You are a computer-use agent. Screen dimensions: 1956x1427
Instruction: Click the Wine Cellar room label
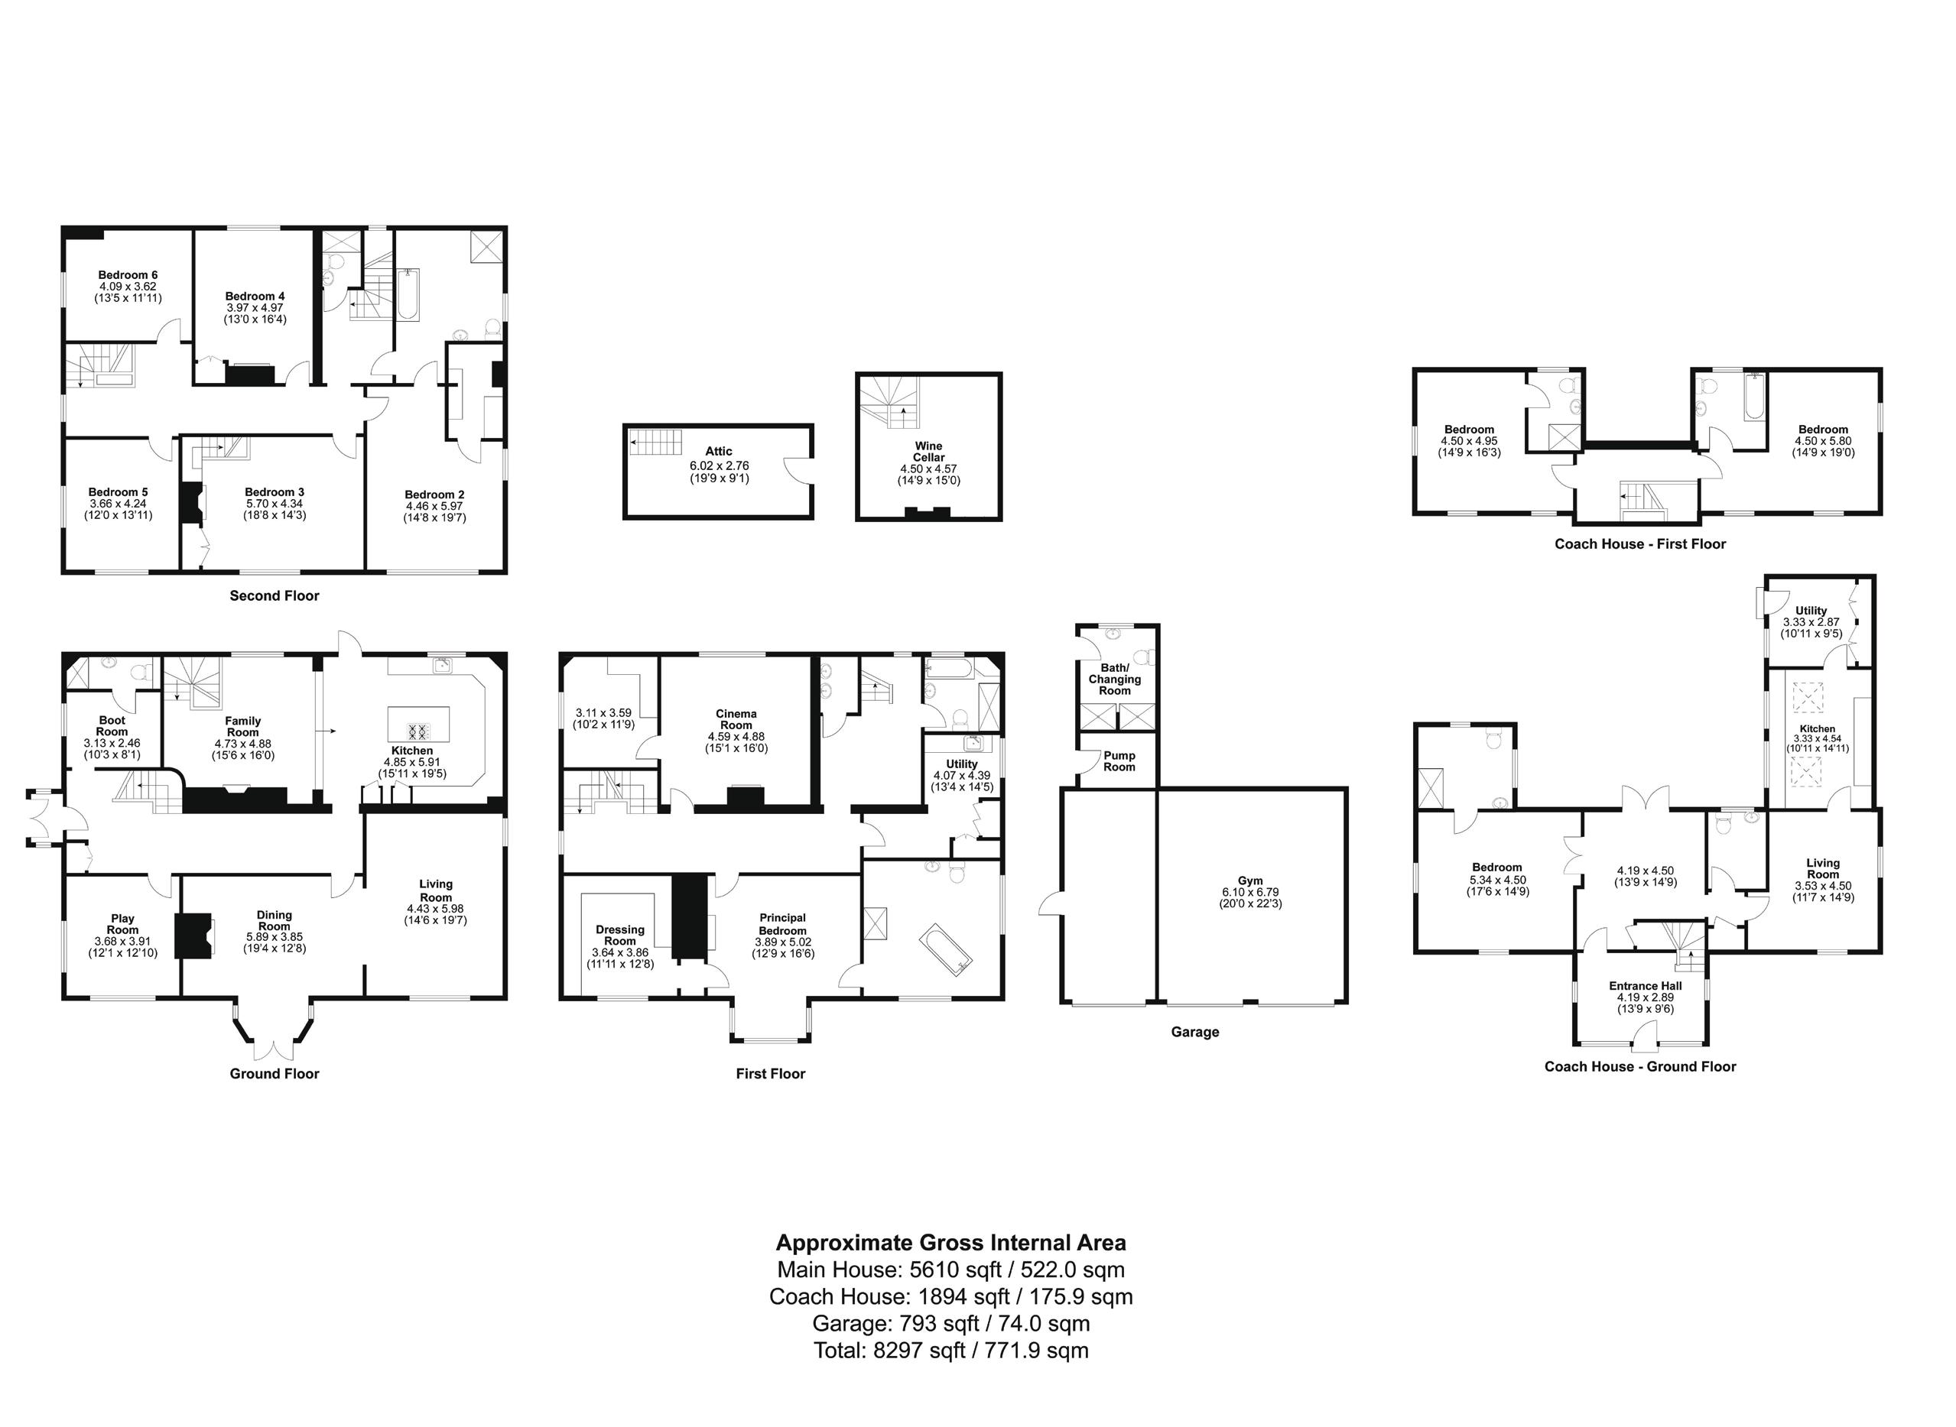point(929,452)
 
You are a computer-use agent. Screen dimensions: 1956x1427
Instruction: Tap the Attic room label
point(718,451)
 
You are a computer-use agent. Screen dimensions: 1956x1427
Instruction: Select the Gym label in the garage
point(1249,881)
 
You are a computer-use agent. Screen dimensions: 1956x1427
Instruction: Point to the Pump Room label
point(1119,761)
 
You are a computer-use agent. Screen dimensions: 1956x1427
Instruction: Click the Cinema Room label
point(736,719)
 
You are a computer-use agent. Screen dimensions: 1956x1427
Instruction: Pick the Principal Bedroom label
point(783,924)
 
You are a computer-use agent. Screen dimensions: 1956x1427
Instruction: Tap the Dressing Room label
point(619,936)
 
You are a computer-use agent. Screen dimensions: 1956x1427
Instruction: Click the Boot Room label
point(112,725)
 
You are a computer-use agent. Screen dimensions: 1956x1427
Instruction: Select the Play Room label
point(122,924)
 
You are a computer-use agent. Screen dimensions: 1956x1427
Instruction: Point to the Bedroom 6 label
point(128,274)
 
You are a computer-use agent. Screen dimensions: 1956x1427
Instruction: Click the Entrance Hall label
point(1645,985)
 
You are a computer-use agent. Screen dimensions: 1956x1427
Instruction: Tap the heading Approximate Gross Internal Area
point(950,1243)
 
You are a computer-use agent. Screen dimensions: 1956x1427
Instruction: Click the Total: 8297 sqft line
point(950,1350)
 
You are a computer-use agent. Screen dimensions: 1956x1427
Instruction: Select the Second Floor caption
point(274,595)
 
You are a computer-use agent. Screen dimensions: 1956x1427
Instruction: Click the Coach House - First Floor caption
point(1639,544)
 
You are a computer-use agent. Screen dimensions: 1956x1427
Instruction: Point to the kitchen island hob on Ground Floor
point(419,731)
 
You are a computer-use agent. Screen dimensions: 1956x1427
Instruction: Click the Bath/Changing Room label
point(1115,679)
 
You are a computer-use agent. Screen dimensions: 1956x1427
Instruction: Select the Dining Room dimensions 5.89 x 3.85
point(275,936)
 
